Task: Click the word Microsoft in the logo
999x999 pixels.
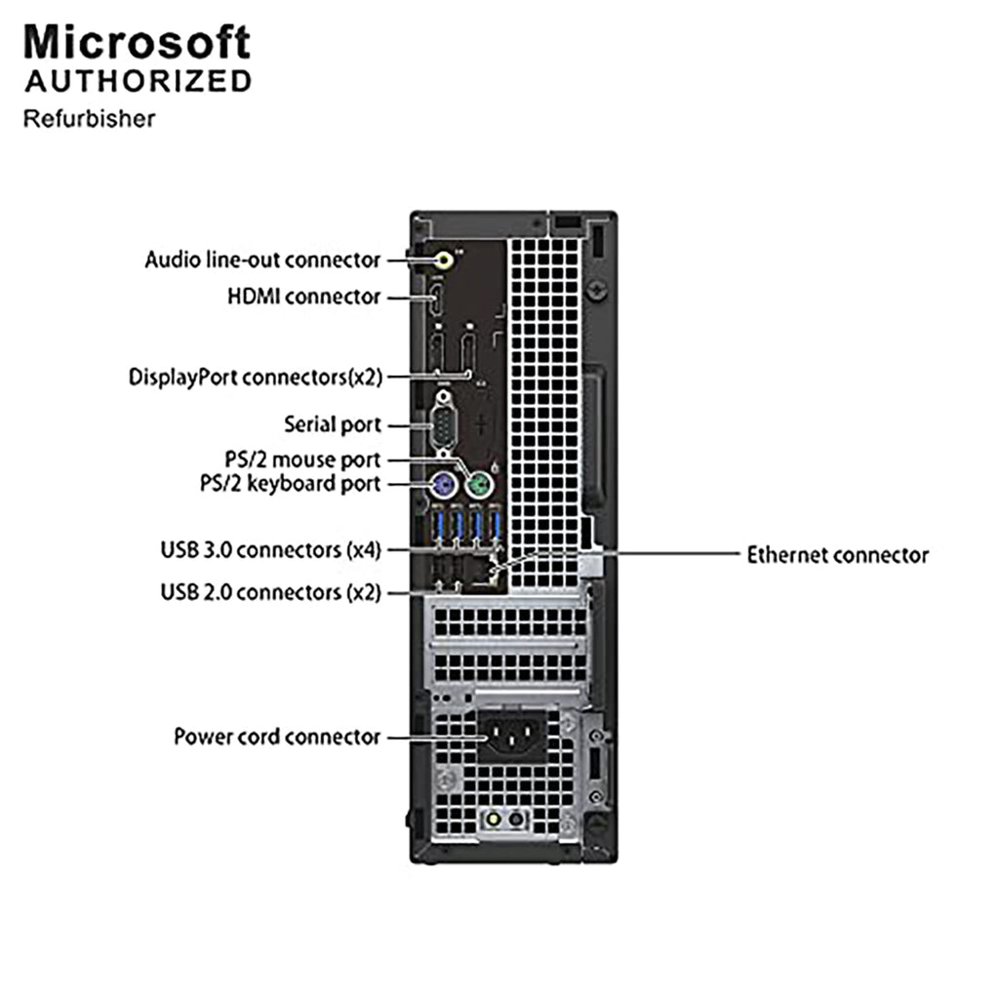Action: tap(137, 43)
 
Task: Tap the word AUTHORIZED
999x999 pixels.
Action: tap(139, 82)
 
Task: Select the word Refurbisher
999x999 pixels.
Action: tap(89, 119)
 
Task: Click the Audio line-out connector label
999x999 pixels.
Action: tap(262, 260)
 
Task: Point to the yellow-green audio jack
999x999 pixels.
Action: tap(445, 260)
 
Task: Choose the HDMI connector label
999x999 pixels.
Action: tap(304, 297)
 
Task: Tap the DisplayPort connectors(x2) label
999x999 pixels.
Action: tap(256, 378)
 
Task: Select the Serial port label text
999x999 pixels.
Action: tap(333, 424)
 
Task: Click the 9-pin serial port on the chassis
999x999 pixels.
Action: tap(443, 423)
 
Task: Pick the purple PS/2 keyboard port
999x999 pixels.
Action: tap(444, 488)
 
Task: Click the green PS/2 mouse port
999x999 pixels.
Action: tap(479, 488)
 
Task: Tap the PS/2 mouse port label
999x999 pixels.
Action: tap(302, 460)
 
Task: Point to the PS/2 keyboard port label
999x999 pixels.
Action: tap(291, 484)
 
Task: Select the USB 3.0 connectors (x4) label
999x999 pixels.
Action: tap(271, 550)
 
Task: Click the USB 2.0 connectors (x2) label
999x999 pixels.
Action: tap(271, 592)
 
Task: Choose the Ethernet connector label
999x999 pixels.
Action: tap(838, 555)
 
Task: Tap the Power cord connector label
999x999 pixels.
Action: tap(277, 737)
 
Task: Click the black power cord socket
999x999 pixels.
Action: tap(513, 737)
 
